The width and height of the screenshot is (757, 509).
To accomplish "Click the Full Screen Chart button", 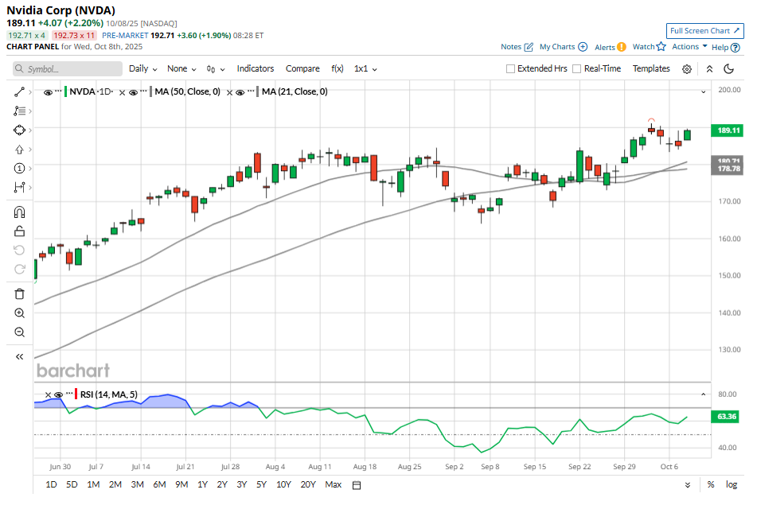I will tap(704, 31).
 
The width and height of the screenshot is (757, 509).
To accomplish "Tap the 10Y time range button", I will tap(283, 484).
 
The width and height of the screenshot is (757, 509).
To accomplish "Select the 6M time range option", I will tap(159, 484).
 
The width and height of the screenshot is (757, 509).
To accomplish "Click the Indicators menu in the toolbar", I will tap(255, 68).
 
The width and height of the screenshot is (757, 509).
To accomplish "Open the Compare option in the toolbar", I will tap(302, 68).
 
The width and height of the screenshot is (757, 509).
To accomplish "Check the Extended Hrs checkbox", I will tap(511, 69).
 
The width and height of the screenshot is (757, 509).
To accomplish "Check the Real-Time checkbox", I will tap(577, 69).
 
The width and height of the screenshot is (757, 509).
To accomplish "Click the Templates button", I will tap(651, 68).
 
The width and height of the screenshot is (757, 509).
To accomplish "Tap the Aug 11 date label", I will tap(320, 467).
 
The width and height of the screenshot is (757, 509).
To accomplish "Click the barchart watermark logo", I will tap(73, 371).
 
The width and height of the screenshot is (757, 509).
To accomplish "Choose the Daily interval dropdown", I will tap(142, 68).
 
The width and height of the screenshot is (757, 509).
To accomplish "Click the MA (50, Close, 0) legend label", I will tap(187, 92).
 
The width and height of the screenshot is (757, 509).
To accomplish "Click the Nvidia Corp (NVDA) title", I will tap(60, 10).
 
